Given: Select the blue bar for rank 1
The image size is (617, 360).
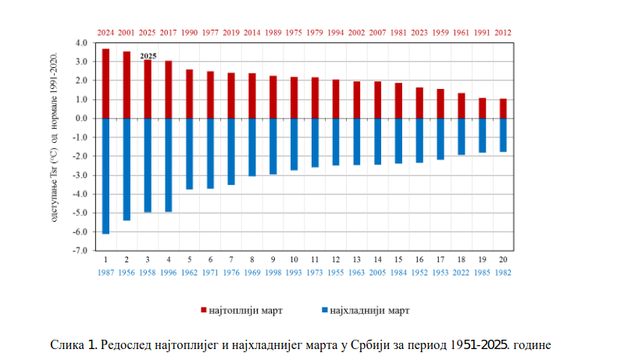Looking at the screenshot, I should (x=105, y=176).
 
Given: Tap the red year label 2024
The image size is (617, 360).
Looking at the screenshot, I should (x=105, y=33).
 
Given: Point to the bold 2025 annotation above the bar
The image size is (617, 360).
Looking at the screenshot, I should (x=148, y=56).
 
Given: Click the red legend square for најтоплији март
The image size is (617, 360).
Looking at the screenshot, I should (x=202, y=310).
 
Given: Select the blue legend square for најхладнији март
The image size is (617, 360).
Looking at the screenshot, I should (x=323, y=310).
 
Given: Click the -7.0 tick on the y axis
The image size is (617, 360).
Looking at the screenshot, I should (x=82, y=251).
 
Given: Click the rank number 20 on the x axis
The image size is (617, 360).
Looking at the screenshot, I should (x=503, y=258).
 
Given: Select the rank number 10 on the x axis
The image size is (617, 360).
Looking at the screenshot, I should (x=294, y=258).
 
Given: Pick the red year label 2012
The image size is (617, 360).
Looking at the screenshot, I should (x=503, y=33).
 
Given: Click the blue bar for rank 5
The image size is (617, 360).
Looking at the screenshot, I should (x=189, y=154).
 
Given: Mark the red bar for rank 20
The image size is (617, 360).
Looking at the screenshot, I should (x=503, y=109).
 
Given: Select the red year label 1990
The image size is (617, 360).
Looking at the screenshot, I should (x=189, y=33).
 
